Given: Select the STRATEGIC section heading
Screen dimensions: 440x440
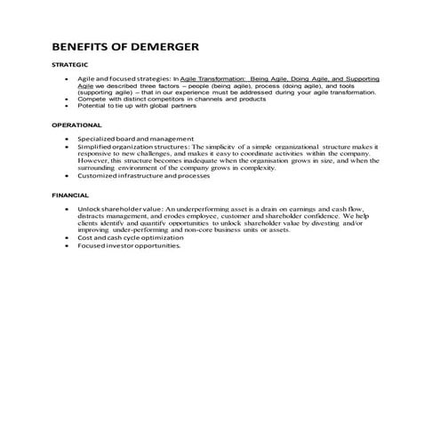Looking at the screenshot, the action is coord(69,65).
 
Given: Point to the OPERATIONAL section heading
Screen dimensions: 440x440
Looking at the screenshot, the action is coord(76,125).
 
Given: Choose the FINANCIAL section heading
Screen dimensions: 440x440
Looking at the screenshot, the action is coord(69,193).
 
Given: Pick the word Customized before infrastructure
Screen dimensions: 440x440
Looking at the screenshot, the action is coord(99,175).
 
